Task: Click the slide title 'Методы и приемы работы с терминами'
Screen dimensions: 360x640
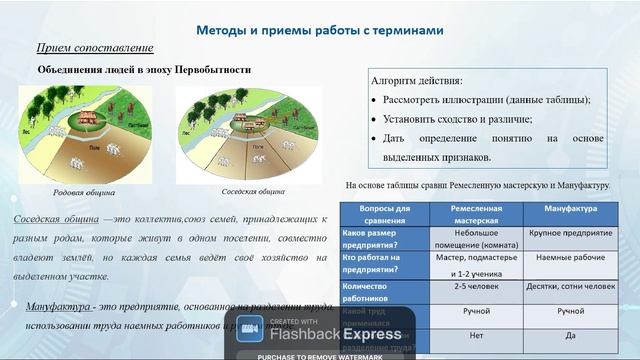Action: point(318,30)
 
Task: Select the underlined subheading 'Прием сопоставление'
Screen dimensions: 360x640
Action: point(95,48)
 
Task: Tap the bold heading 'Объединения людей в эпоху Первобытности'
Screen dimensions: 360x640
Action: point(144,70)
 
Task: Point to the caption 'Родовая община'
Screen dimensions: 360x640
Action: point(84,192)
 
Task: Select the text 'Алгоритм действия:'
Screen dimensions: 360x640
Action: point(417,80)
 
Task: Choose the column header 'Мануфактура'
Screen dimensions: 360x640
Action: point(570,208)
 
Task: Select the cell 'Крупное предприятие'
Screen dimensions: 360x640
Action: point(570,232)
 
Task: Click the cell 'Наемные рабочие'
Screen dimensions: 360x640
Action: point(570,256)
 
